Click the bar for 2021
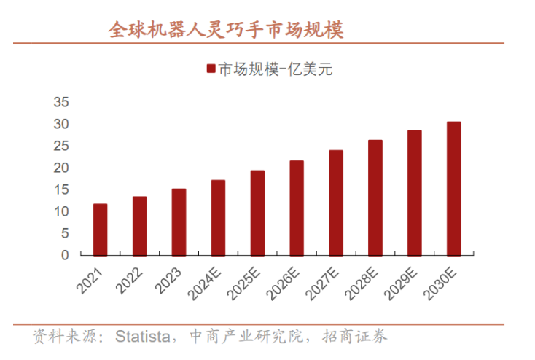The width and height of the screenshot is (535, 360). (100, 230)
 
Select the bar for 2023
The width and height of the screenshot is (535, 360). (179, 222)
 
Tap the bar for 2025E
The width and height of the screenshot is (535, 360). (257, 213)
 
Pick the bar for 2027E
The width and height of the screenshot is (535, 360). (335, 203)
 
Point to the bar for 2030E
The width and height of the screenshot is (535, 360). (453, 188)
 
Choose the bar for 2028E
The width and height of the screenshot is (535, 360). (375, 197)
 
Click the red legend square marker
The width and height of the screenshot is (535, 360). (211, 69)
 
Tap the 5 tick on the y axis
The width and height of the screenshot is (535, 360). (65, 233)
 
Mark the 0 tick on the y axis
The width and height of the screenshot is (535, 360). (65, 255)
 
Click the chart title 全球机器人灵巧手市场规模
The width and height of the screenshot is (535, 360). (225, 30)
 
